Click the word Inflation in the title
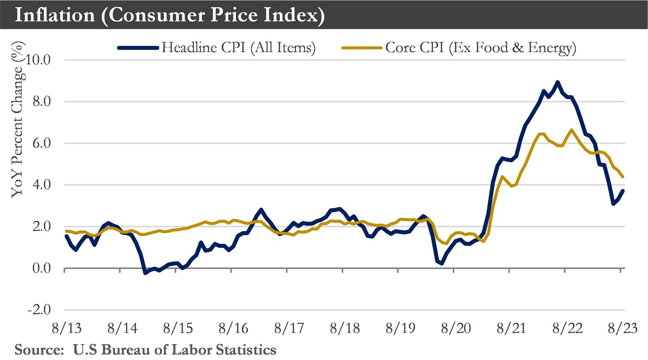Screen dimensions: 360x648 55,15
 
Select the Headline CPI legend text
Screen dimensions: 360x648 238,48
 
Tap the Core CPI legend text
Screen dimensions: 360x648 480,48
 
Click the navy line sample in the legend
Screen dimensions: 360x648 138,48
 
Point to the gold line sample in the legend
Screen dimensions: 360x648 361,48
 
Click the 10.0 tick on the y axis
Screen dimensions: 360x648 38,60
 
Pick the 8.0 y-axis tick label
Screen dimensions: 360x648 41,102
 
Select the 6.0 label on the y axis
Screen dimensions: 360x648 41,143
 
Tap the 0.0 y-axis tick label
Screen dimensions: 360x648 41,268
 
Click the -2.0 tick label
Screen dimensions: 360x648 39,310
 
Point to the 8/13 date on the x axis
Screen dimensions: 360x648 66,328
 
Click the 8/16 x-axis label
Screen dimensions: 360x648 233,328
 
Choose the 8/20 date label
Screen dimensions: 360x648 456,328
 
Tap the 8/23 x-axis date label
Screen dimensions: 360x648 622,328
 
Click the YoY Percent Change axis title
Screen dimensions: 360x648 17,119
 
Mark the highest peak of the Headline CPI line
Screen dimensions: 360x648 558,82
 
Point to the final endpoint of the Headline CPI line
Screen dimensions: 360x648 623,191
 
